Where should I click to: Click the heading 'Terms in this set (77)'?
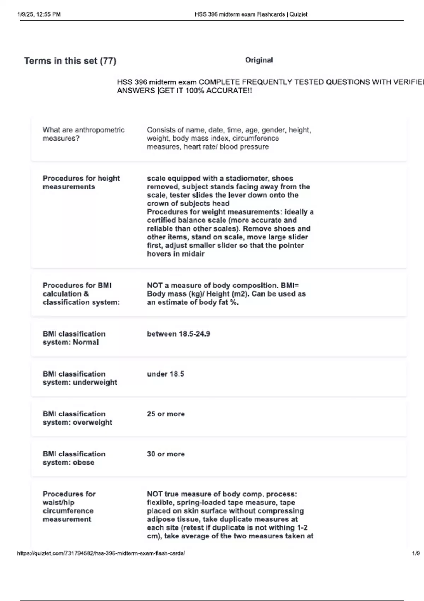point(70,61)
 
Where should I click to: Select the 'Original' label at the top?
point(259,60)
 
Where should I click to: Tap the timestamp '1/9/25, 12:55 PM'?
point(39,14)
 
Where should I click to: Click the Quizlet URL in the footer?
point(101,553)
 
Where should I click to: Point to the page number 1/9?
point(416,553)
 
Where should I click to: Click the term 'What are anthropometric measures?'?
point(83,134)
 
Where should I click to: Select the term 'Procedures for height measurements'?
point(81,182)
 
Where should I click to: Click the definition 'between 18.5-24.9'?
point(178,334)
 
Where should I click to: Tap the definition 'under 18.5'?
point(165,374)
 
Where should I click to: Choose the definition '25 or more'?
point(166,414)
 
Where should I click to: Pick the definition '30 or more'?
point(166,454)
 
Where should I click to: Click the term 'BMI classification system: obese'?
point(74,458)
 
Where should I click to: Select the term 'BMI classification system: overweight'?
point(77,418)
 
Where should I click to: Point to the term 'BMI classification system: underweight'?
point(80,378)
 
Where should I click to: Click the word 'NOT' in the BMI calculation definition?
point(154,285)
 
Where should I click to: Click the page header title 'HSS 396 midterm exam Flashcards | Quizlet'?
point(251,14)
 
